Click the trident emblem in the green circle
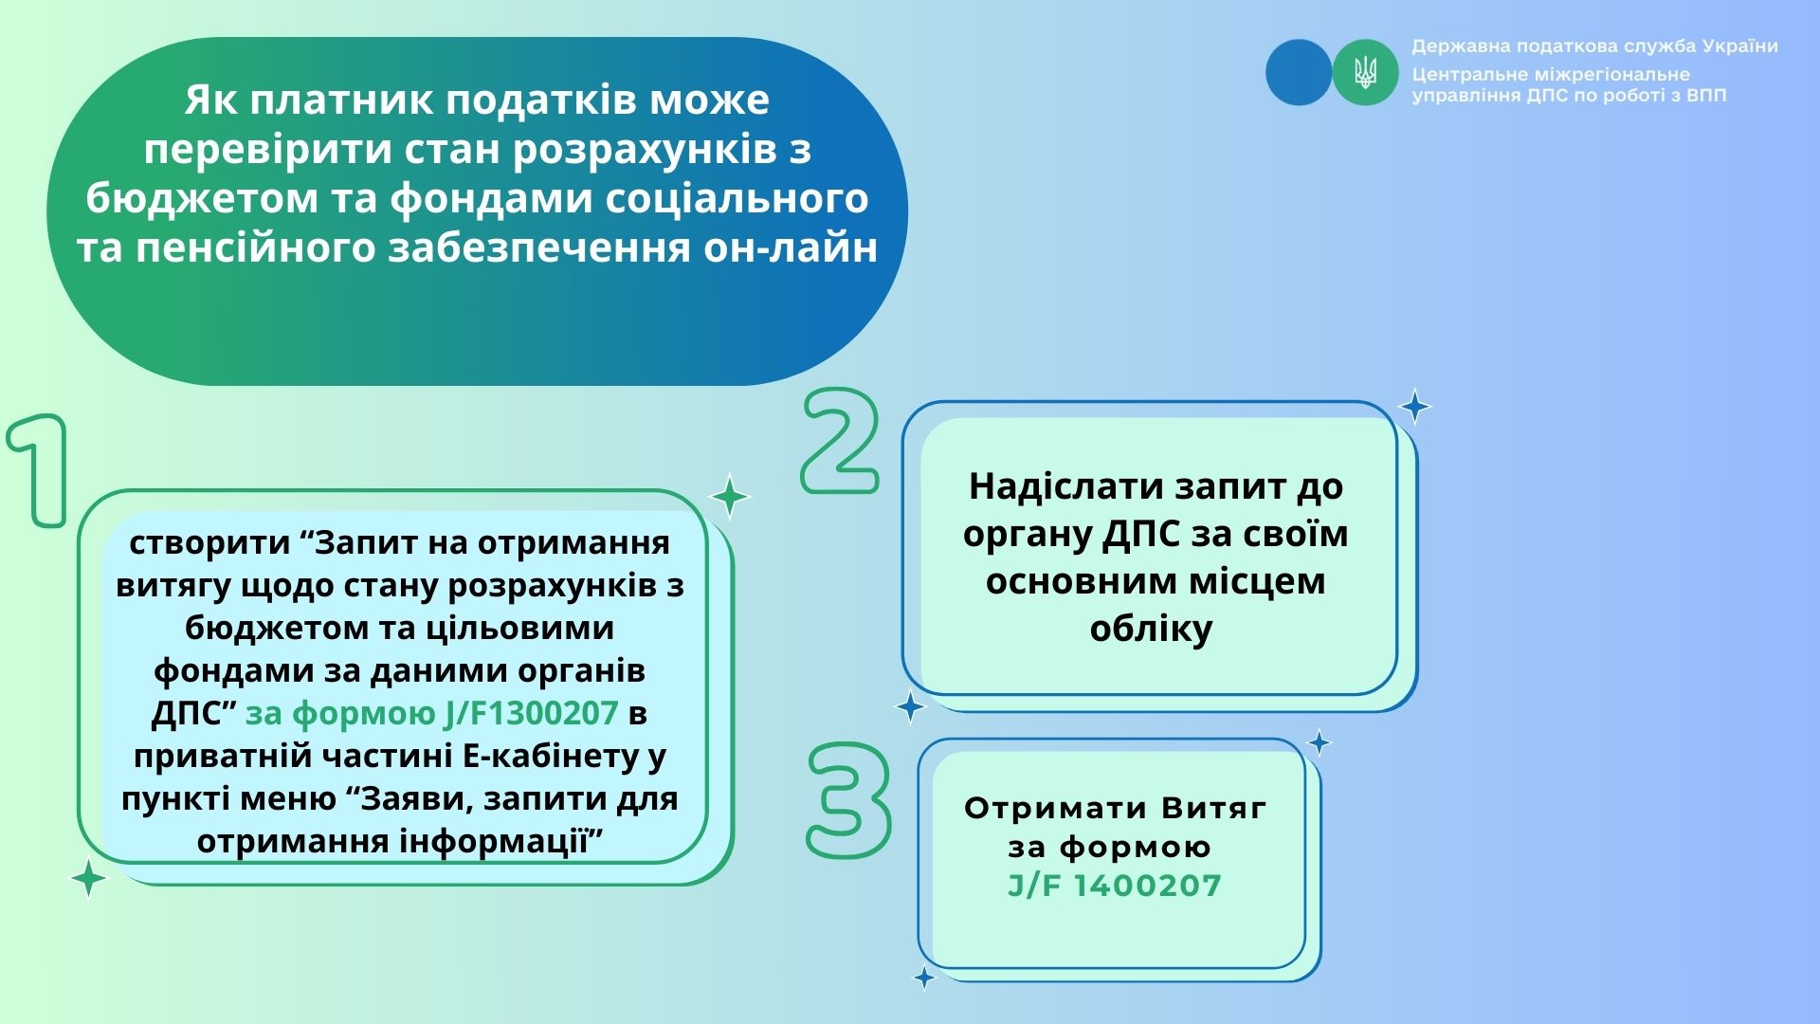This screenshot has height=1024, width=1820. pos(1365,72)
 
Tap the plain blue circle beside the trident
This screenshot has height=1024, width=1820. pos(1299,72)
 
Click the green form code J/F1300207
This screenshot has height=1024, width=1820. pos(431,713)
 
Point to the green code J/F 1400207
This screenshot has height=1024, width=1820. pos(1115,886)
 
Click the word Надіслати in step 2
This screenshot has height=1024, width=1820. pos(1066,486)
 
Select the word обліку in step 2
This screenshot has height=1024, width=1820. pos(1151,629)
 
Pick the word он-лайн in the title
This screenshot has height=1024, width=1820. pos(791,248)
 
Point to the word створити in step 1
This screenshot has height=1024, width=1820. pos(209,543)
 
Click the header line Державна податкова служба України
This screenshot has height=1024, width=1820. pos(1594,46)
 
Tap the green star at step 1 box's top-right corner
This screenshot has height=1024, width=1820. pos(730,496)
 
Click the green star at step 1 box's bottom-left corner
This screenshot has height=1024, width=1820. pos(89,878)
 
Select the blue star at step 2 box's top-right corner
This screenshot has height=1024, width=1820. pos(1414,407)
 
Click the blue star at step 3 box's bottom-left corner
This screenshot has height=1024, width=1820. pos(923,978)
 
